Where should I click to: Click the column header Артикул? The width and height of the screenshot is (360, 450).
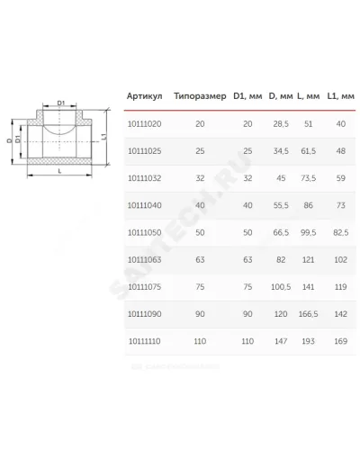tap(144, 96)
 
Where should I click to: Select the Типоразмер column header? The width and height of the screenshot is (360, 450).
tap(200, 96)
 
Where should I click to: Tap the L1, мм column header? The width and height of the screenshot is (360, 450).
tap(341, 96)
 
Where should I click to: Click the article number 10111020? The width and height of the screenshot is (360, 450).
tap(145, 124)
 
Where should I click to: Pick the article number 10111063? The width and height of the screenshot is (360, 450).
tap(145, 260)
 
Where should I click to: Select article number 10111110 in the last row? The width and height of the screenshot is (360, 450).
tap(145, 341)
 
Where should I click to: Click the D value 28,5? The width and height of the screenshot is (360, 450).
tap(281, 124)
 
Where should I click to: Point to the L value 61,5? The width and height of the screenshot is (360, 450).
tap(309, 151)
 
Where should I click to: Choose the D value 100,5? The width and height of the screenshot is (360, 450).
tap(281, 287)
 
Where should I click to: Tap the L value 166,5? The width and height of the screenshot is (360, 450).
tap(309, 314)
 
